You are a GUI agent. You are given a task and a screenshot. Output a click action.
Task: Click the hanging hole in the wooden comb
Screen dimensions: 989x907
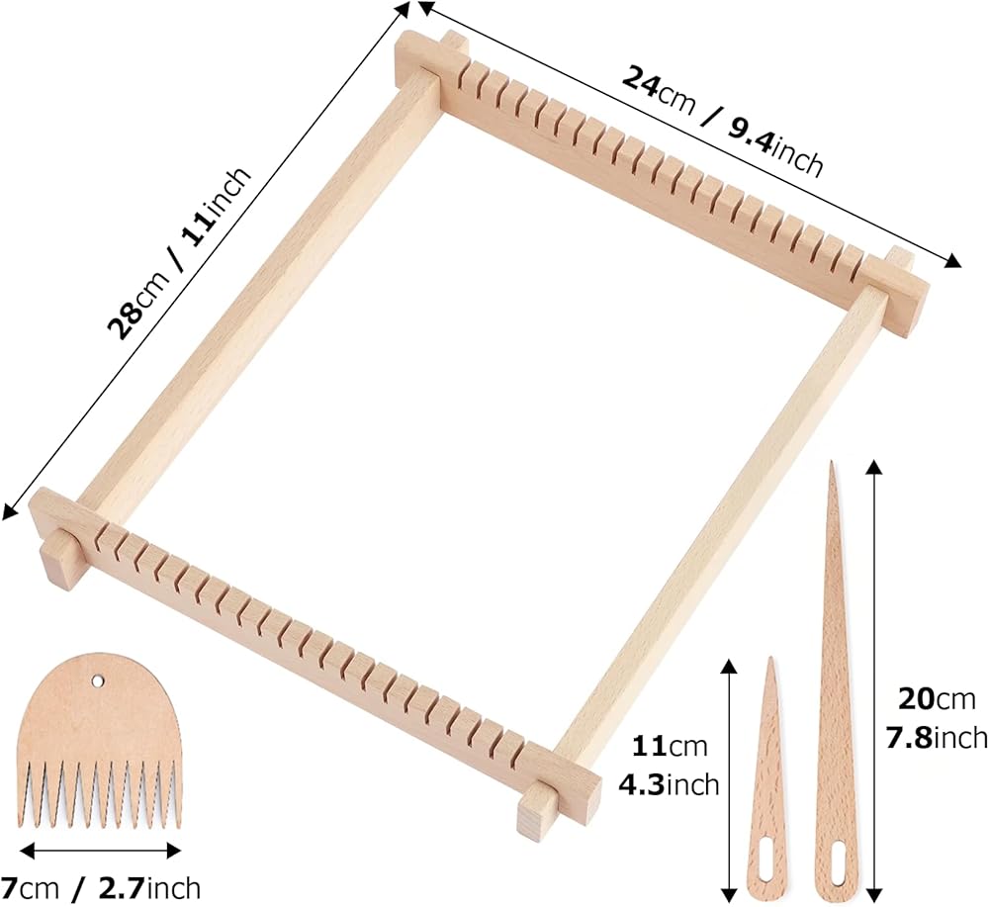pyautogui.click(x=98, y=681)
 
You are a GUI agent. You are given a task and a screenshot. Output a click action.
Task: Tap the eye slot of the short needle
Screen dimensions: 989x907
pyautogui.click(x=767, y=859)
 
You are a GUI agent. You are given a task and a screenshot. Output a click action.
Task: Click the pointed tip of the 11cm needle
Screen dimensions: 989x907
pyautogui.click(x=770, y=659)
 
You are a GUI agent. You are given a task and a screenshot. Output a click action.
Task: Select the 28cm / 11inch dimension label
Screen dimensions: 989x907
pyautogui.click(x=180, y=253)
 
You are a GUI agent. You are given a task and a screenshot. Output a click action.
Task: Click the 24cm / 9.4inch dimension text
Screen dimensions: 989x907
pyautogui.click(x=723, y=121)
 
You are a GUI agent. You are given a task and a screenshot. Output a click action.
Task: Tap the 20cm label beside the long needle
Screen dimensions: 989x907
pyautogui.click(x=936, y=699)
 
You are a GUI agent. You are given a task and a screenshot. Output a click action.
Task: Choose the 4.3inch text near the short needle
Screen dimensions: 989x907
pyautogui.click(x=669, y=785)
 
